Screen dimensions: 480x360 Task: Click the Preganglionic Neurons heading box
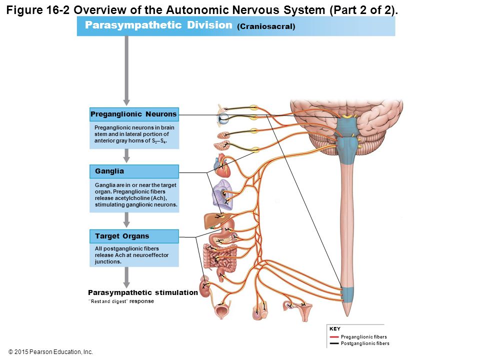coord(134,114)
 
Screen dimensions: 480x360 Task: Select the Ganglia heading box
coord(134,171)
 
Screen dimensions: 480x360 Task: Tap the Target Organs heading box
coord(134,236)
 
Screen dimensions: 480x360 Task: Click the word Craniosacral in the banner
coord(266,26)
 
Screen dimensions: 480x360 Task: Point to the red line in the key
coord(334,336)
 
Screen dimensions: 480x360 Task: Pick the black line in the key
coord(334,343)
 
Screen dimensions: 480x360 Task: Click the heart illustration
coord(223,166)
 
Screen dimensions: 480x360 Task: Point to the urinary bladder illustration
coord(220,310)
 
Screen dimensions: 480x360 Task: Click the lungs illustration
coord(222,194)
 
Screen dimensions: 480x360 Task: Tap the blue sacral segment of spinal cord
coord(347,294)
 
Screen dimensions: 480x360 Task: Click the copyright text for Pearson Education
coord(50,352)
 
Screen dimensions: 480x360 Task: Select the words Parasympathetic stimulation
coord(143,292)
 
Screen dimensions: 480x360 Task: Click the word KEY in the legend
coord(335,329)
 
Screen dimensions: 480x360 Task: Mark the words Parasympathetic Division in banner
coord(158,25)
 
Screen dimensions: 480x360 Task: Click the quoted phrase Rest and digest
coord(107,301)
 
